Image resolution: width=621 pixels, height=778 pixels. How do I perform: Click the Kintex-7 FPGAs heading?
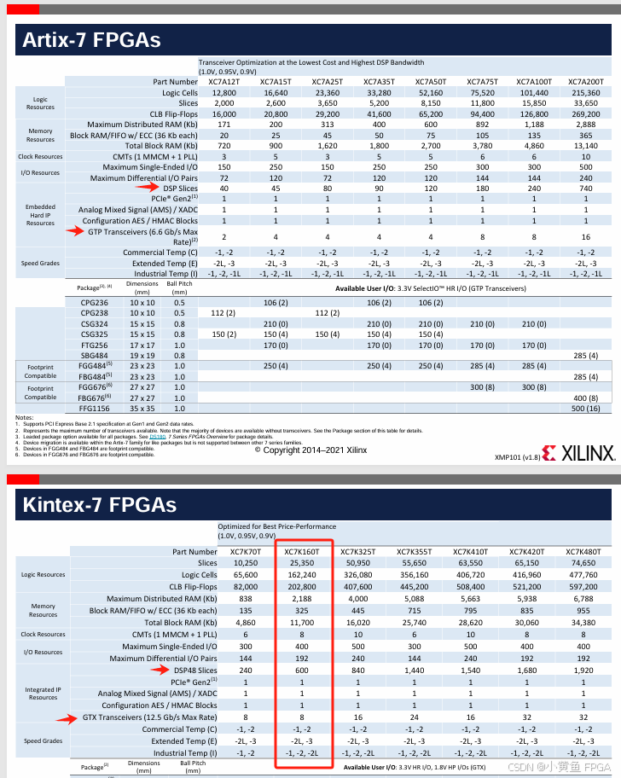click(100, 505)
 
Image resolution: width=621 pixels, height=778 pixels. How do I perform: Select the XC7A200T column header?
click(585, 81)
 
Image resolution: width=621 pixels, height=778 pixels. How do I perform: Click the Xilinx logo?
click(577, 454)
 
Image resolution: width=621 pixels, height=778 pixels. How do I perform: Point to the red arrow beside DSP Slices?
click(148, 187)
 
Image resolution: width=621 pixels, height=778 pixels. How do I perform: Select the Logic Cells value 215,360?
click(585, 92)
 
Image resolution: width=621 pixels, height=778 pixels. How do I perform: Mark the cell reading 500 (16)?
click(585, 409)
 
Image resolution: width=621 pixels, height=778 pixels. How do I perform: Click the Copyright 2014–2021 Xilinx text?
click(310, 449)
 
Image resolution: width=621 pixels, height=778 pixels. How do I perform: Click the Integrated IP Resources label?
click(43, 694)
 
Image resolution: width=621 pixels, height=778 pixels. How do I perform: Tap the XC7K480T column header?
click(585, 552)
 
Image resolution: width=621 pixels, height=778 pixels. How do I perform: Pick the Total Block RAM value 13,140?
click(585, 145)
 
